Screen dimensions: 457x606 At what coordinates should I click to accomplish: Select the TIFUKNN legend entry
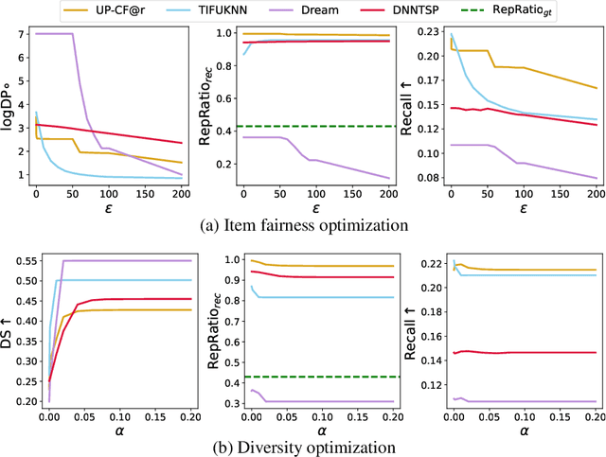[250, 10]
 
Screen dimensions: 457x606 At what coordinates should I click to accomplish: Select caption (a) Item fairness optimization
[303, 224]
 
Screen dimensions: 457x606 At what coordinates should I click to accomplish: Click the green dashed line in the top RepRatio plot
[312, 126]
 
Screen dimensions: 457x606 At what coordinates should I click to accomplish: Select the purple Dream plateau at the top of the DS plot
[123, 260]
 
